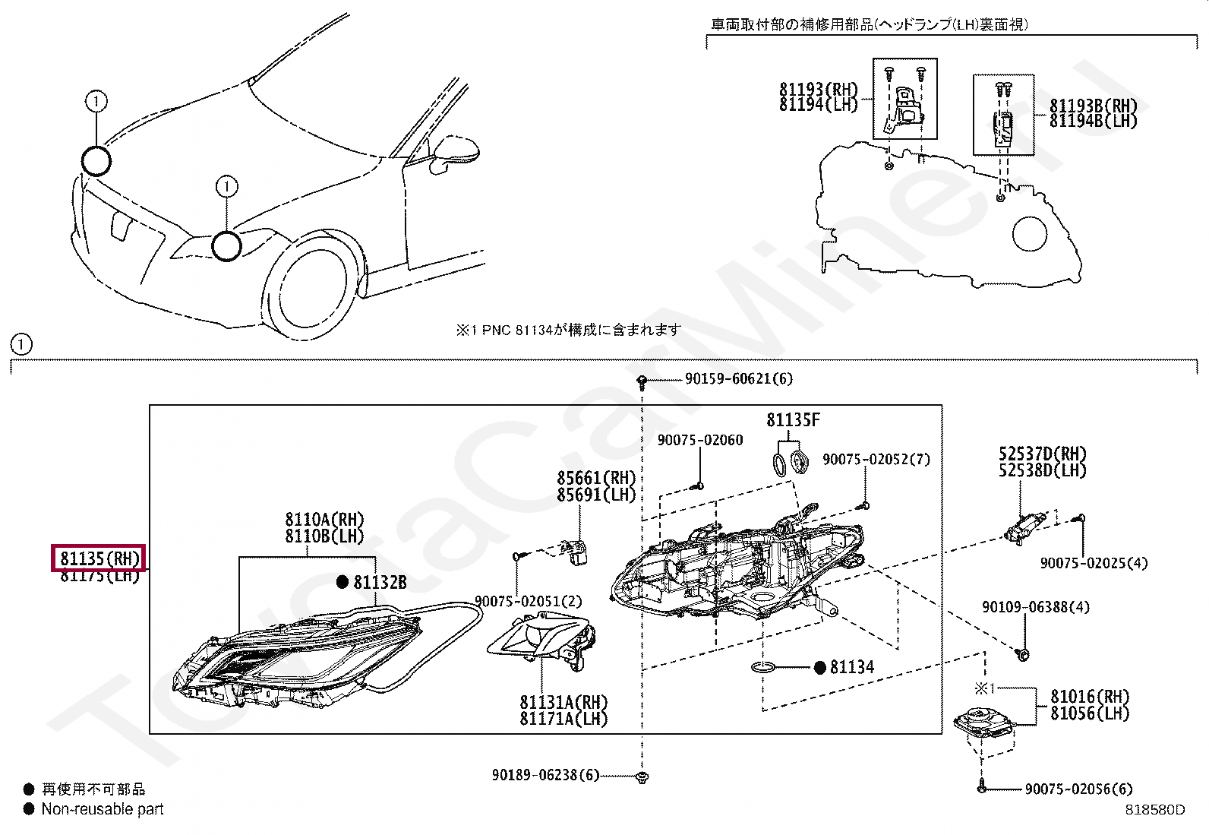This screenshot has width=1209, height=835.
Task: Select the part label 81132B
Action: (380, 583)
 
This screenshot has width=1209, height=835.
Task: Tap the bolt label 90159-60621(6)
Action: (738, 378)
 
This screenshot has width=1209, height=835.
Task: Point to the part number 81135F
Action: (793, 420)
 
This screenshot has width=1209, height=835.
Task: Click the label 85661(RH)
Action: (595, 478)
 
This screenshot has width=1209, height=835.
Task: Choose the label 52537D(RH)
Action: (1042, 454)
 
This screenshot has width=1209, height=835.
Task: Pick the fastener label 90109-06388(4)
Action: (1035, 607)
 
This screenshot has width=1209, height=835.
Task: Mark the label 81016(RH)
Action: (1090, 697)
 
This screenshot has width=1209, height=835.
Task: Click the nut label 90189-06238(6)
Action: (545, 775)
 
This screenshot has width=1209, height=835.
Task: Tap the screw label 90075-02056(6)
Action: (1078, 789)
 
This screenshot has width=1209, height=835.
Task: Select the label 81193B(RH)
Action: (1094, 106)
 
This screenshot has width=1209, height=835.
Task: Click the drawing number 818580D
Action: (1154, 810)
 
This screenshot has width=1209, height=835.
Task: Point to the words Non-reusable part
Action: (103, 809)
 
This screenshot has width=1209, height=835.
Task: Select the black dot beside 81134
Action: (819, 668)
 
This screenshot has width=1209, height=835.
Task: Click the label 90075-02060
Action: (699, 440)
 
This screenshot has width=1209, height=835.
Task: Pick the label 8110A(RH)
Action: (324, 520)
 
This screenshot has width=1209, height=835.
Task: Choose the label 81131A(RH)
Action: (563, 702)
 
